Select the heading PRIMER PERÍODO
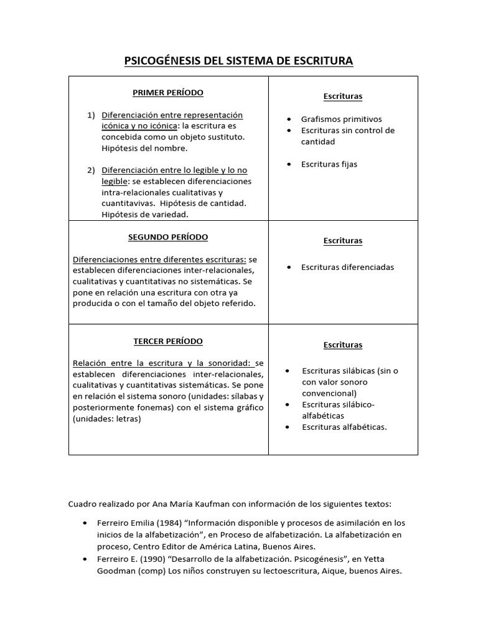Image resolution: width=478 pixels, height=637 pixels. [168, 93]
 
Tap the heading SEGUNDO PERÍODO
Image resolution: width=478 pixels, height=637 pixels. [168, 238]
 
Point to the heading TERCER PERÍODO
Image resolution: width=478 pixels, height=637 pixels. [168, 342]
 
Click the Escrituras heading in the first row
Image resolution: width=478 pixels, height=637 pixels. [343, 96]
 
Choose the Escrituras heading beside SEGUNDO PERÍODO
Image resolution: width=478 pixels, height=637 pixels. [343, 241]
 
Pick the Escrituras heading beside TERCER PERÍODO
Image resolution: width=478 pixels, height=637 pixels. [343, 345]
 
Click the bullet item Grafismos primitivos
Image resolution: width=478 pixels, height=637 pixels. [341, 119]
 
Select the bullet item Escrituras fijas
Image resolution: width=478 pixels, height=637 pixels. [329, 164]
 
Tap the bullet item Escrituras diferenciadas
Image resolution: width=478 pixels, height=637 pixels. [347, 267]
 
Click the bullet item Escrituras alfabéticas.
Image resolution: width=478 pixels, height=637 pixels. [344, 427]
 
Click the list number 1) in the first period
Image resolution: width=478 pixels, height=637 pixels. [91, 115]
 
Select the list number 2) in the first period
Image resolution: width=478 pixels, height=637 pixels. [91, 170]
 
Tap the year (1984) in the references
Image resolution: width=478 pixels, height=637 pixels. [163, 523]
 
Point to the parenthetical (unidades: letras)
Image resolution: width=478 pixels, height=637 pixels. [107, 419]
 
